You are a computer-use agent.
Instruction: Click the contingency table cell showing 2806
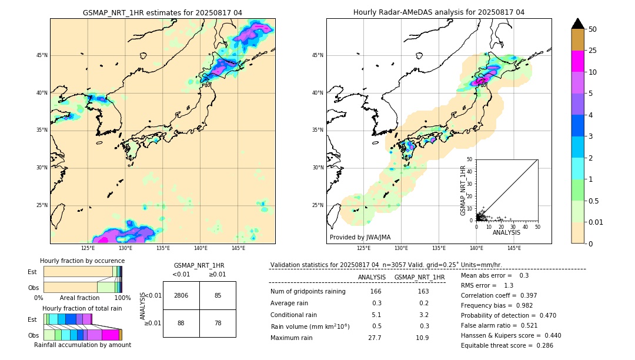181,295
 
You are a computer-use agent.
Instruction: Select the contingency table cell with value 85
218,295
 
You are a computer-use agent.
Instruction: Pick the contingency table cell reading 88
181,323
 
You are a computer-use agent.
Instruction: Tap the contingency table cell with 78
218,323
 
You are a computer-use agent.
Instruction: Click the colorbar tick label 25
593,51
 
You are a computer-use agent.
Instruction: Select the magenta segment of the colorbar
578,61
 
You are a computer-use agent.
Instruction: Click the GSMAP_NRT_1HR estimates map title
162,12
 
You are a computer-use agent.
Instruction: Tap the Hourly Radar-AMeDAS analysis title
439,12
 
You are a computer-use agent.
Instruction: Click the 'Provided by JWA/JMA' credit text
360,237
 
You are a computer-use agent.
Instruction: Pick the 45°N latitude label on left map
42,56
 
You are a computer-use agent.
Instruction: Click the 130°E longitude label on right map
402,248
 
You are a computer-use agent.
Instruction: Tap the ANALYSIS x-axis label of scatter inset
507,232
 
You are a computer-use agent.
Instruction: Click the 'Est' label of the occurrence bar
32,272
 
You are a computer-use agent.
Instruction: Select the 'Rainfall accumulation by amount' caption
82,345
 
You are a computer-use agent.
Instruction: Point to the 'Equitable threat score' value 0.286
543,345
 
